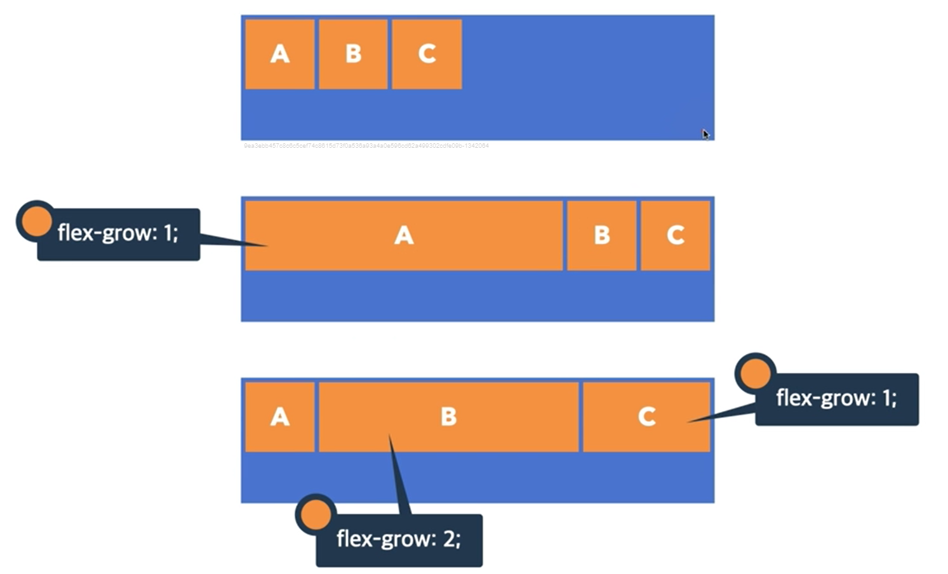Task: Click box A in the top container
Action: point(279,54)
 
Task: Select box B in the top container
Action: point(353,54)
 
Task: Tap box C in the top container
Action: point(427,54)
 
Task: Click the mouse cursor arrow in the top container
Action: point(705,134)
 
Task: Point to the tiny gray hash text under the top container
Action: point(366,146)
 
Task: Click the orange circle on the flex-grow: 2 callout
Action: point(316,514)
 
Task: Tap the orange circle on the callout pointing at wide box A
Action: point(36,221)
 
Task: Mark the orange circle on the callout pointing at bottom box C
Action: point(755,373)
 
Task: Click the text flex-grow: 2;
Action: point(399,539)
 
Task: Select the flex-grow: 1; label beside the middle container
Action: point(118,233)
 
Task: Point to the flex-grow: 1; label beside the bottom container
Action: point(836,398)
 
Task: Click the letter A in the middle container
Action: point(404,235)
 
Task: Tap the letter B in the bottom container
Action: point(448,417)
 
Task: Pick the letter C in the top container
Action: point(427,54)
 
